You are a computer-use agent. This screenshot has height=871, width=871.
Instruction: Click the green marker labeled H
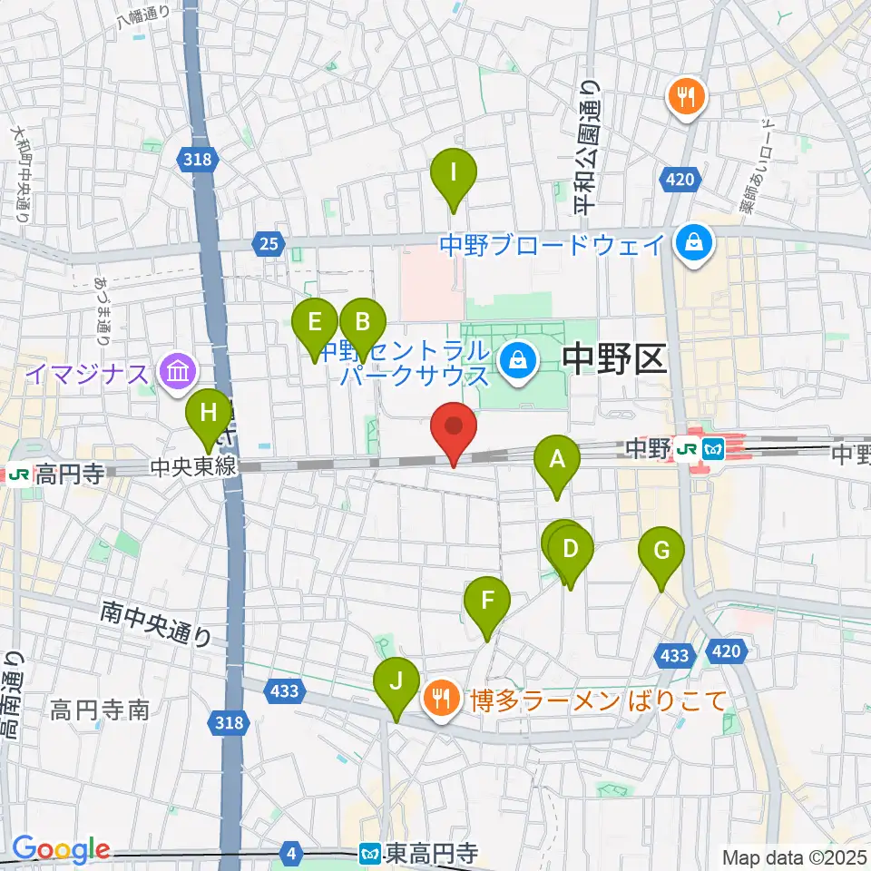209,416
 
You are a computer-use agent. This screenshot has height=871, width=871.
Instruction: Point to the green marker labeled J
396,683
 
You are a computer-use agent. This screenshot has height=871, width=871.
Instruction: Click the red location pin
454,428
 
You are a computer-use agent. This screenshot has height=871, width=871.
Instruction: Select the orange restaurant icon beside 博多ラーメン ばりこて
441,700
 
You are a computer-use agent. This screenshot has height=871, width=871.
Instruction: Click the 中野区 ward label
615,360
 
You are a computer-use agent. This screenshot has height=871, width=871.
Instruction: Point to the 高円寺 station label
67,472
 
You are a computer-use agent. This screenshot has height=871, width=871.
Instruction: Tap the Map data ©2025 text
793,856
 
